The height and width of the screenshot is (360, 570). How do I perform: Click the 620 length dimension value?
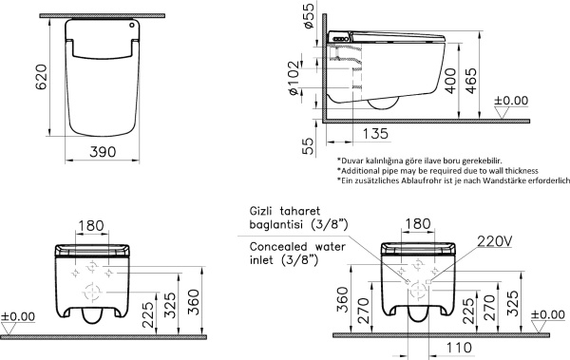42,77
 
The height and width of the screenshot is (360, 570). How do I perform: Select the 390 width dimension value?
103,152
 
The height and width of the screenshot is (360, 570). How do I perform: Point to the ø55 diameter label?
309,15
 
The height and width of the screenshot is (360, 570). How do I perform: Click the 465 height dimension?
471,81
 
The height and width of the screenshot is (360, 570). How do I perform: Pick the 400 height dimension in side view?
450,81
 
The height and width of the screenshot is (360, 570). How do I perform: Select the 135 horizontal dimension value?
375,133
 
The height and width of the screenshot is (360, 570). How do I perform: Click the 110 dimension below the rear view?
459,348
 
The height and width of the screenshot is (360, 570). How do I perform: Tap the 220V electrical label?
495,240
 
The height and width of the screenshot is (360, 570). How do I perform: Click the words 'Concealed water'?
297,247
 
